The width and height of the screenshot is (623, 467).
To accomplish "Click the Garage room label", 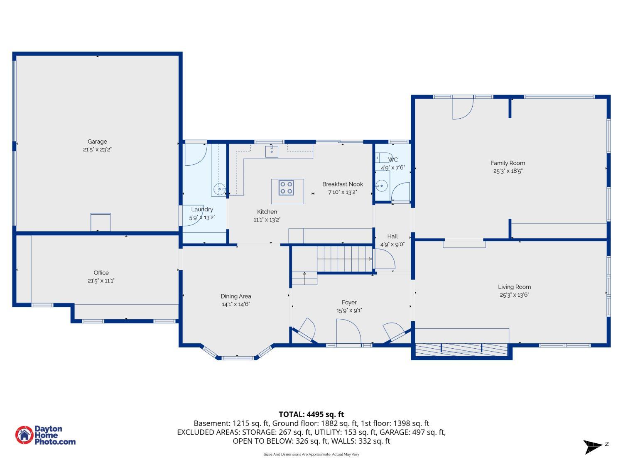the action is [x=97, y=142].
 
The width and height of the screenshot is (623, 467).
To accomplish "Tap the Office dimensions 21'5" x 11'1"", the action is [x=101, y=281].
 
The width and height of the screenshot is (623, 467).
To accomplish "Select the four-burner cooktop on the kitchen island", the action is [x=286, y=188].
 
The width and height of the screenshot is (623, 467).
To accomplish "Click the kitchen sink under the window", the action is [x=272, y=152].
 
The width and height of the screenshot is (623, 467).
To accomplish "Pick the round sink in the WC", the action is [x=382, y=186].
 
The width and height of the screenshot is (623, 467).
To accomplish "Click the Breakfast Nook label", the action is [x=343, y=184].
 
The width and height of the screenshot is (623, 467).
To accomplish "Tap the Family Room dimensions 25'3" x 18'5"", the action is [x=508, y=171].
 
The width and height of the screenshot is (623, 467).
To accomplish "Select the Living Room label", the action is [x=514, y=287].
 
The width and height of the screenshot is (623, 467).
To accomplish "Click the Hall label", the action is [x=392, y=236].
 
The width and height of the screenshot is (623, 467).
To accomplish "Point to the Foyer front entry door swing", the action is [x=348, y=331].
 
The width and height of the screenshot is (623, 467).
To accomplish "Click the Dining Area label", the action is [x=236, y=296].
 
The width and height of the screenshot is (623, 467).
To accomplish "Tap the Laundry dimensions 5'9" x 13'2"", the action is [x=202, y=218].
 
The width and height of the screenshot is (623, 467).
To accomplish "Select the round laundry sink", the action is [x=219, y=189].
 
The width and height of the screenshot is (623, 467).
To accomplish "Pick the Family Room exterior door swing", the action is [x=463, y=108].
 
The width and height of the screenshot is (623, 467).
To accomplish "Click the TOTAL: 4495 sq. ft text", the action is [x=311, y=415].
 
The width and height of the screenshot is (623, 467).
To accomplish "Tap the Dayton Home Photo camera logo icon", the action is [x=25, y=435].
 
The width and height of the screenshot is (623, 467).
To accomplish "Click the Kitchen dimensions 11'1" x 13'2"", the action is [x=267, y=220].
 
